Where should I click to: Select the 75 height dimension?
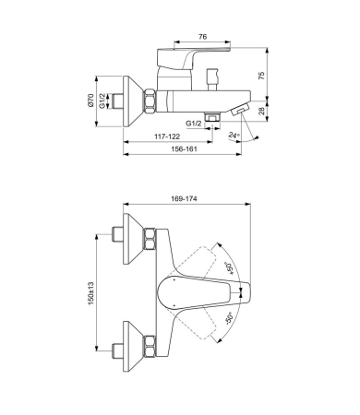click(x=261, y=77)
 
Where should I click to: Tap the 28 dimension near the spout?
click(x=261, y=111)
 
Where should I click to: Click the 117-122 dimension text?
click(x=155, y=136)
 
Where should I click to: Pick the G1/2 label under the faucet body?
click(x=194, y=122)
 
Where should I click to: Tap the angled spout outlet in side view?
click(x=242, y=112)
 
